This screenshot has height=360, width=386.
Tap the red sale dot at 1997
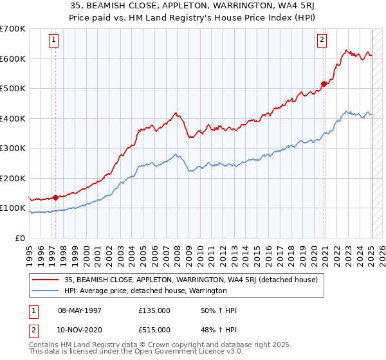pos(55,197)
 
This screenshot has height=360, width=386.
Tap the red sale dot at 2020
pos(324,83)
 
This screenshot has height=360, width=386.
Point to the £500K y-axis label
pos(12,89)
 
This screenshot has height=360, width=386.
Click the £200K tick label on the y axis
pos(12,178)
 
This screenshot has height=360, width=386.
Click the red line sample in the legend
pos(46,280)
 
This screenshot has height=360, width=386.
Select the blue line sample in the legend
pos(46,291)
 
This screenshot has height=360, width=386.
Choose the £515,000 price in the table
pos(154,330)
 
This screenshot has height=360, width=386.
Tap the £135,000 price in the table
pos(154,310)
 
